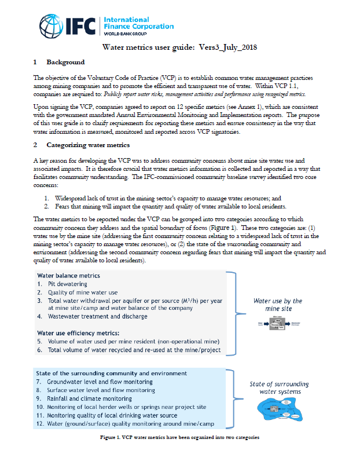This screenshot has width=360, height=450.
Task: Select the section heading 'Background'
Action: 65,62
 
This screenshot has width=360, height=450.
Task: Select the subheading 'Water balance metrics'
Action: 69,275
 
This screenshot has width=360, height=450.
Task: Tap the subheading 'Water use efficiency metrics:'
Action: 78,333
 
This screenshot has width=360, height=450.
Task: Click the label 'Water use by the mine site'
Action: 278,305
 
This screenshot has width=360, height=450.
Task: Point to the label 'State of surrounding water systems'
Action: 279,388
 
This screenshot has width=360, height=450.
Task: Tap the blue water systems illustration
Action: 279,411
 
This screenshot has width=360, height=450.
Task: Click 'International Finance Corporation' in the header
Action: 138,23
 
